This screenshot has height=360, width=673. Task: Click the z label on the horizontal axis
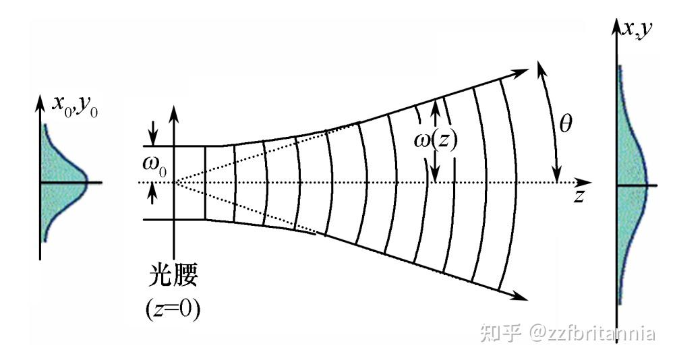[579, 196]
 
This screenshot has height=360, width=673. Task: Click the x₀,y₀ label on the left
[75, 106]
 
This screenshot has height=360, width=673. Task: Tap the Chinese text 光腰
[173, 278]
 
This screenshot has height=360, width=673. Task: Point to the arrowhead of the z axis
[586, 182]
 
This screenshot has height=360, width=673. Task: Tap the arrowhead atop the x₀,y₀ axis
[40, 102]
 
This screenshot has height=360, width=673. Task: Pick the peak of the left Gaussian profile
[87, 182]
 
